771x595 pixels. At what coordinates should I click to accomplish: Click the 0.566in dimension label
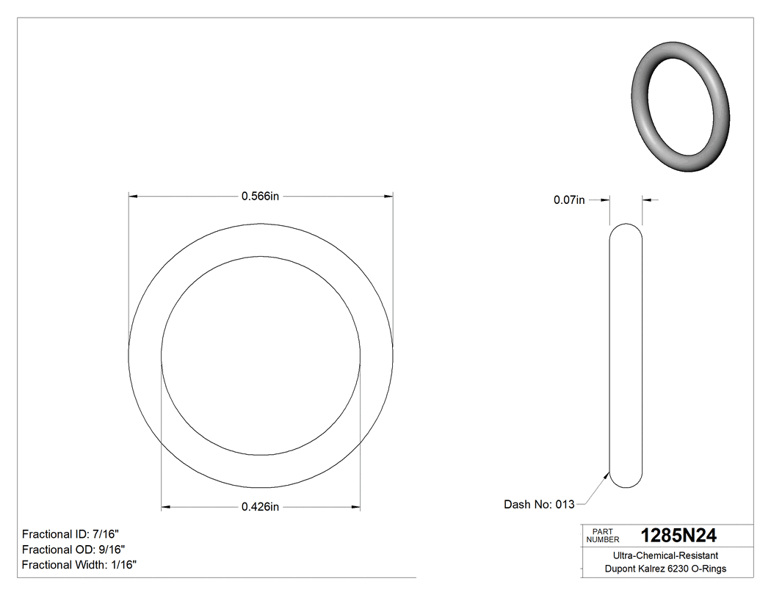pyautogui.click(x=261, y=196)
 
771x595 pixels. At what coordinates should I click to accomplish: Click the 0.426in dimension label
pyautogui.click(x=261, y=506)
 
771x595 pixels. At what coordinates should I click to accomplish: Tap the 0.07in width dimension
pyautogui.click(x=569, y=200)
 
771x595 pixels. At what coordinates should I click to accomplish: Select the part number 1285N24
pyautogui.click(x=678, y=536)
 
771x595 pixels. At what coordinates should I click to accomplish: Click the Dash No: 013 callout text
pyautogui.click(x=538, y=505)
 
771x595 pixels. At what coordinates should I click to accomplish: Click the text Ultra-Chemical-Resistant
pyautogui.click(x=661, y=556)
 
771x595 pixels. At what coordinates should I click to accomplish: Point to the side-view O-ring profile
pyautogui.click(x=626, y=355)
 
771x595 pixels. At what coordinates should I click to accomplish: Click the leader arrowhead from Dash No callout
pyautogui.click(x=607, y=475)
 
